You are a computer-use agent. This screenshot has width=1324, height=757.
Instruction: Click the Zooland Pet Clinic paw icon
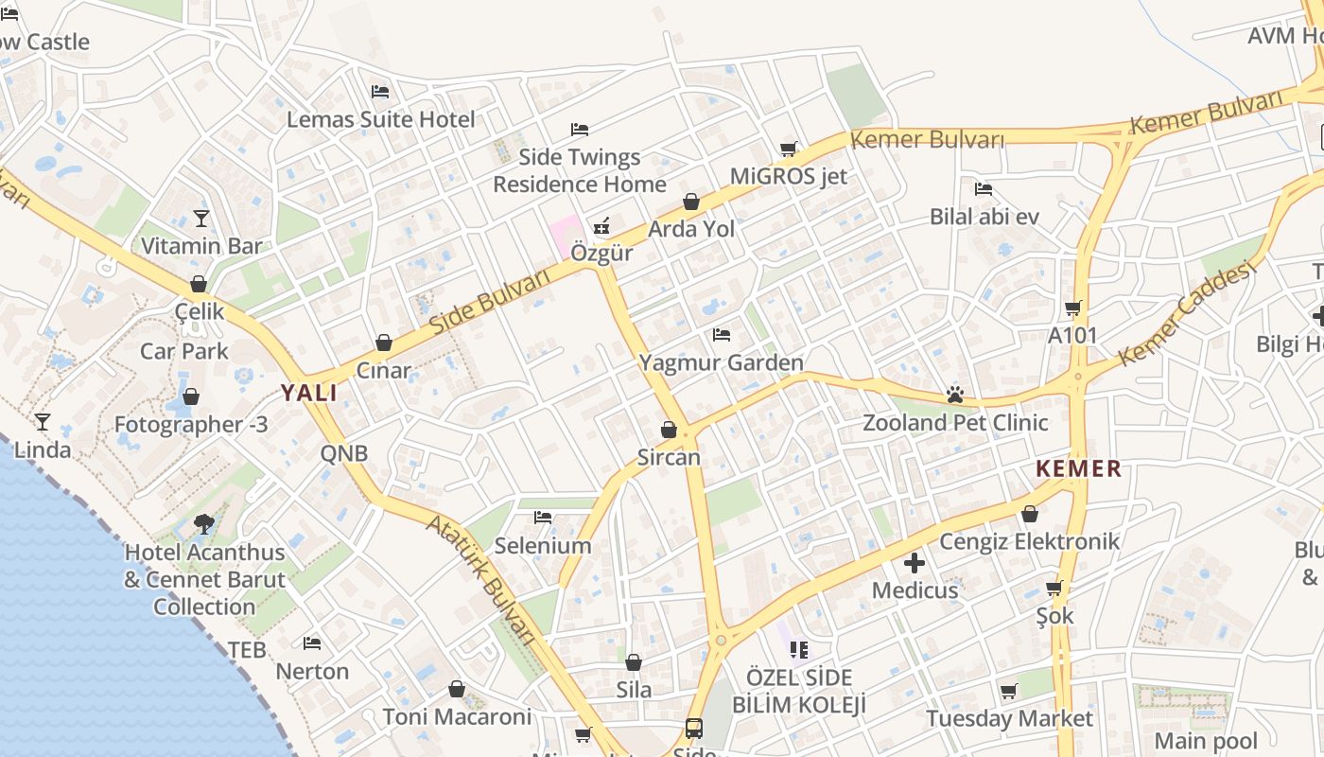[954, 395]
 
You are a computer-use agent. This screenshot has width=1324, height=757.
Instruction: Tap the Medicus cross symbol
[915, 564]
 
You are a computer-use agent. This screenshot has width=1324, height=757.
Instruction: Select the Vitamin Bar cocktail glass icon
[200, 219]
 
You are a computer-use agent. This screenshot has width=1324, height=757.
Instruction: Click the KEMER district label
[1078, 468]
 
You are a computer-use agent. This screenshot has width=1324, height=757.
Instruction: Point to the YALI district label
[308, 394]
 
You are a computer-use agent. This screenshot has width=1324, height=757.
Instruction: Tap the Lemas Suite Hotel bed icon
[380, 92]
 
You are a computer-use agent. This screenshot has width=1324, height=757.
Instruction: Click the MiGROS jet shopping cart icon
[789, 149]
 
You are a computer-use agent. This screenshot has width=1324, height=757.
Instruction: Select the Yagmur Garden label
[721, 362]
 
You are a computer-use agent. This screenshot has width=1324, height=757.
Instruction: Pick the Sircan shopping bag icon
[669, 430]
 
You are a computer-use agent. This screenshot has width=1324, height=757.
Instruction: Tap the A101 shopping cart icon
[1072, 308]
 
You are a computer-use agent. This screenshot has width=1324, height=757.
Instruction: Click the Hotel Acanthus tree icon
[203, 523]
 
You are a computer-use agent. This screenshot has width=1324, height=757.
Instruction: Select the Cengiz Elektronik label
[1029, 541]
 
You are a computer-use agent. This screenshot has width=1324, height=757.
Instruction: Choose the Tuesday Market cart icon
[1009, 691]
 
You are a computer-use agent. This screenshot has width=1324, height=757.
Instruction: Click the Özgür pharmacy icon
[601, 226]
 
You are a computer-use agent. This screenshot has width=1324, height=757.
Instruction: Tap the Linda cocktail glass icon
[43, 421]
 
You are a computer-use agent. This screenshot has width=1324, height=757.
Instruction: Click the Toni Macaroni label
[457, 716]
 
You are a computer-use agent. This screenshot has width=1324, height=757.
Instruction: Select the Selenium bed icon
[543, 517]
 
